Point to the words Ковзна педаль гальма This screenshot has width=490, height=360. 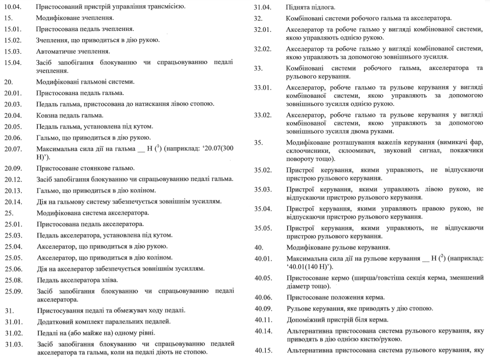(x=70, y=115)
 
